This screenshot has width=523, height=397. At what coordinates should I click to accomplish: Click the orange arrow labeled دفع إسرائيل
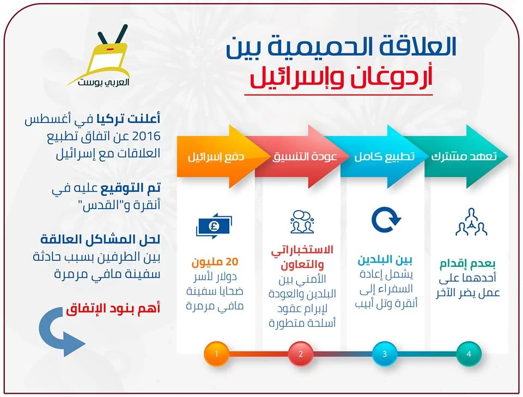point(220,156)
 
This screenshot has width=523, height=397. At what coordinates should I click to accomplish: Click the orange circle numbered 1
point(216,353)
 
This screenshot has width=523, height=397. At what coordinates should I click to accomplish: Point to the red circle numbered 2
point(301,353)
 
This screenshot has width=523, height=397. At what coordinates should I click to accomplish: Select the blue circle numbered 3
point(385,353)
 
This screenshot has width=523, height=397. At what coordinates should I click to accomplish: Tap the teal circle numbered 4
point(469,353)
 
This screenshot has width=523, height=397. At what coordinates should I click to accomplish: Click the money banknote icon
point(214,226)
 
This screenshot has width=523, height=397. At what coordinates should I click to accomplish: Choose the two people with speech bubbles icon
point(302,222)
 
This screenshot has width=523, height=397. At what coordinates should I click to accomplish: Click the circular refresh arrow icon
point(386,219)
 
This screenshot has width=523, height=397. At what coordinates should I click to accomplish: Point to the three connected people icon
point(471,222)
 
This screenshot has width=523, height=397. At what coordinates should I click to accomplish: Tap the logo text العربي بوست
point(104,82)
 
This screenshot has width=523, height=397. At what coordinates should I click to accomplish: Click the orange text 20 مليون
point(215,262)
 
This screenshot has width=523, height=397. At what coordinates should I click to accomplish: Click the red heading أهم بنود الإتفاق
point(113,309)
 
